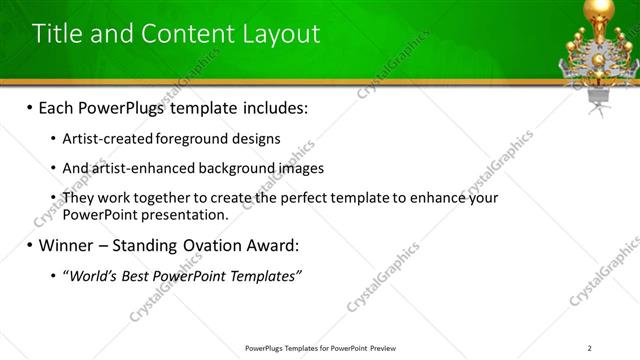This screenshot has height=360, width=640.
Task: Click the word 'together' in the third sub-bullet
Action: (x=172, y=198)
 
